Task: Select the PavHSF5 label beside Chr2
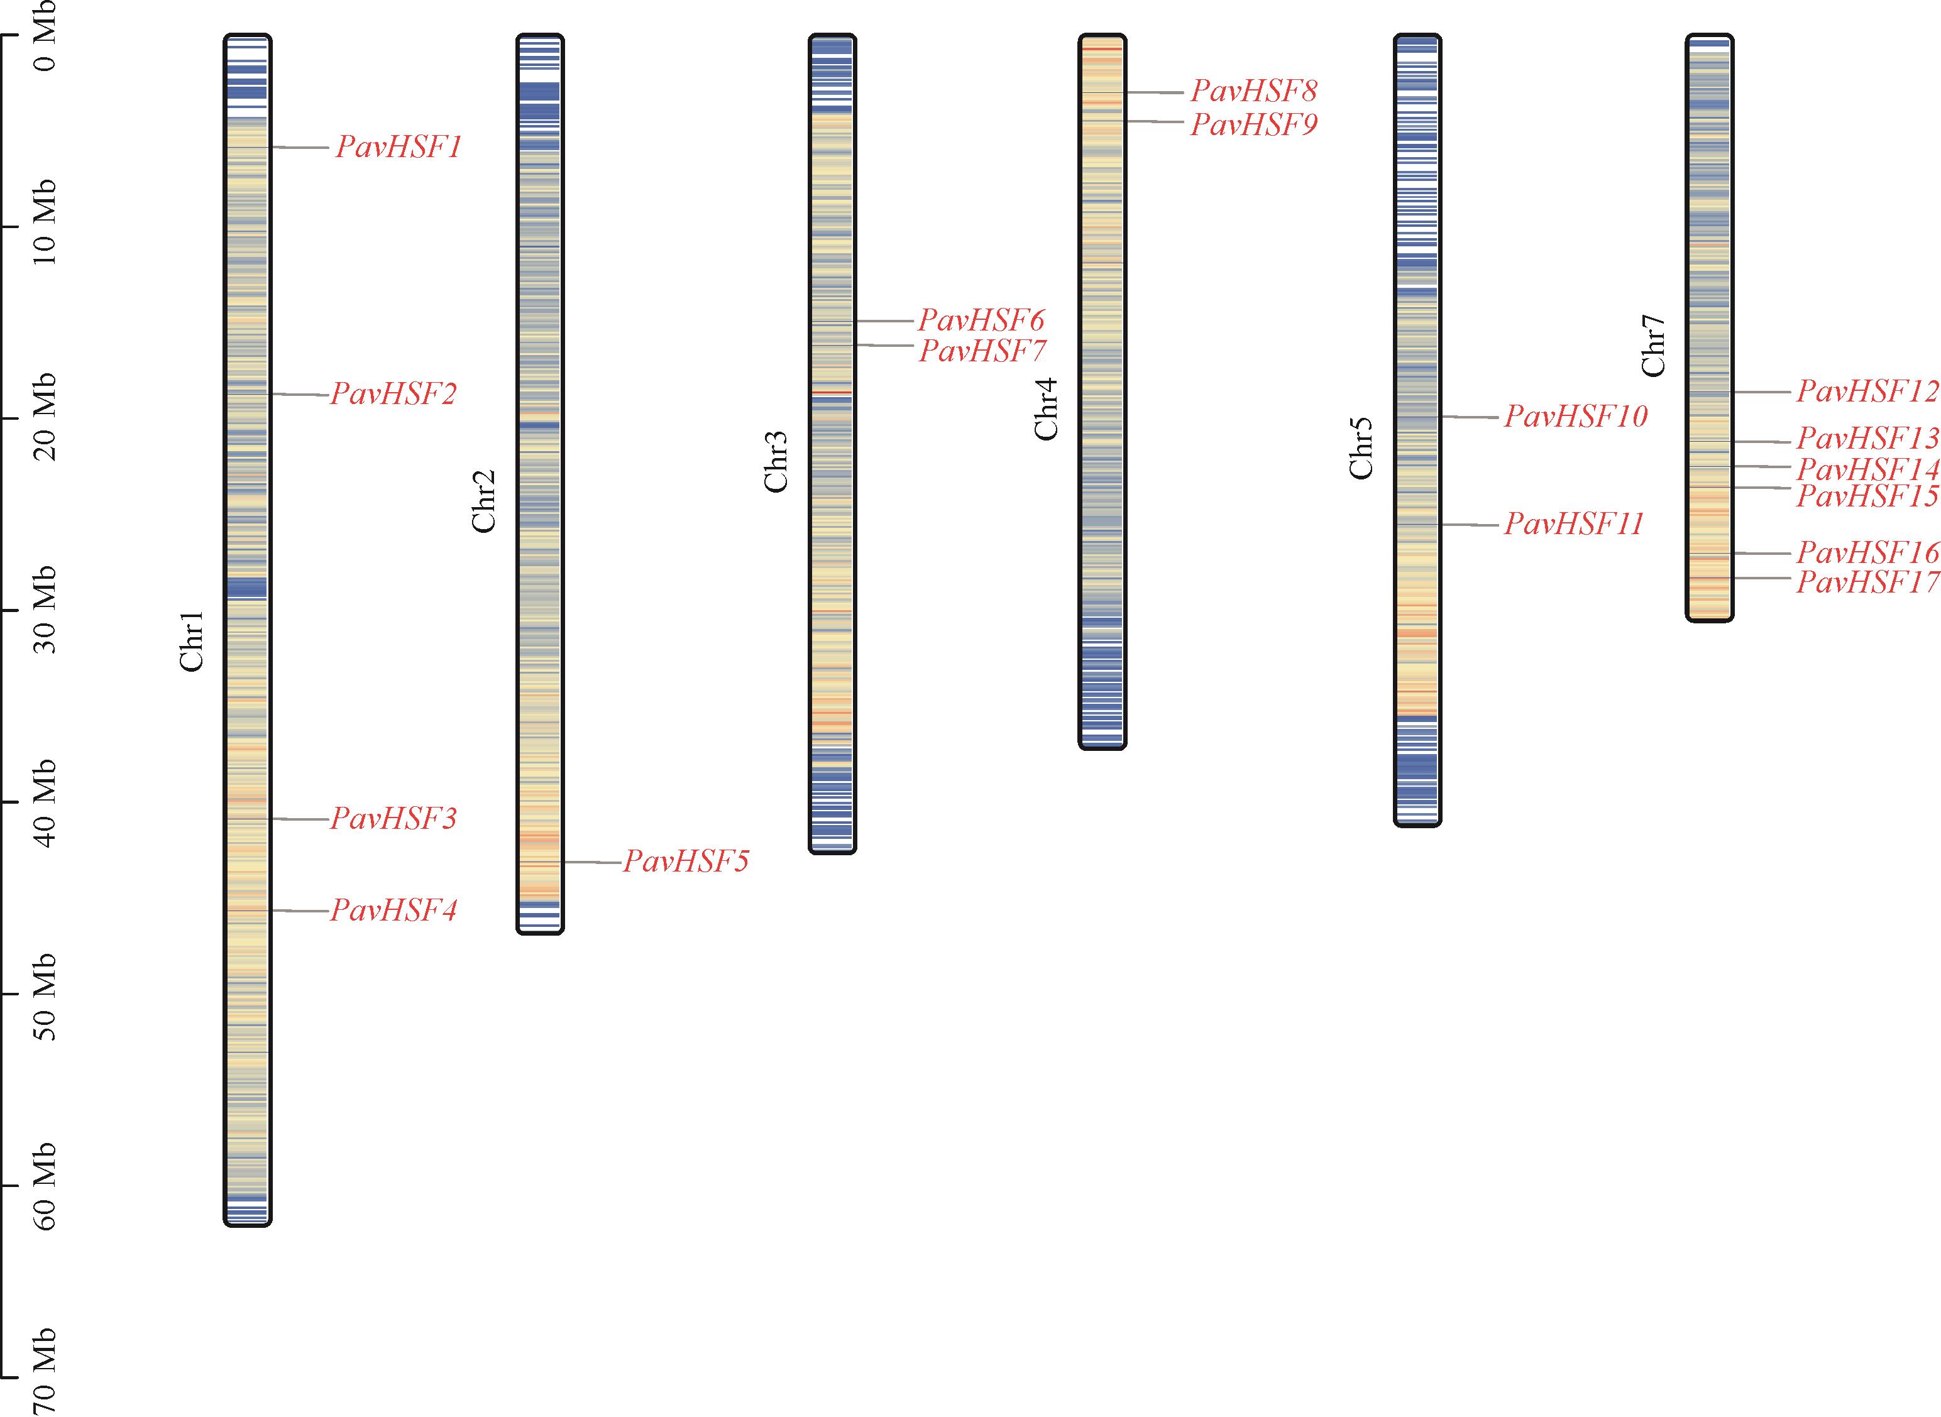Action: (x=686, y=861)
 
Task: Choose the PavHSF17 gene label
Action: (x=1867, y=583)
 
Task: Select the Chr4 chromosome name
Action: (x=1046, y=409)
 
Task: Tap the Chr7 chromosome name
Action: (x=1652, y=346)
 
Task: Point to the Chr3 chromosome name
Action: (x=776, y=461)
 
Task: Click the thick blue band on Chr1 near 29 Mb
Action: (x=247, y=588)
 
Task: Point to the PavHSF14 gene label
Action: (x=1867, y=469)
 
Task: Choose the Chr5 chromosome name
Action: (x=1361, y=449)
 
